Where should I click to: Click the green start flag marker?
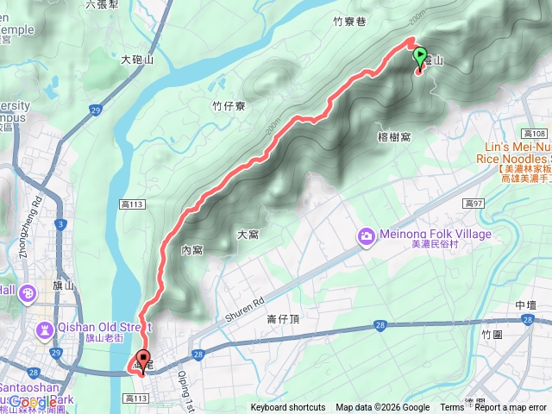click(421, 58)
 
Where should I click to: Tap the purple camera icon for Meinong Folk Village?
click(367, 235)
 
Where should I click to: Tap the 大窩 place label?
click(248, 234)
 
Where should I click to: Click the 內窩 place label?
click(191, 250)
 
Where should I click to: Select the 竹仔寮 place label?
click(229, 105)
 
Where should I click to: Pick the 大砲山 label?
click(137, 60)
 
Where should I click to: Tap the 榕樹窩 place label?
click(393, 137)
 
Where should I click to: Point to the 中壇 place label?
click(526, 305)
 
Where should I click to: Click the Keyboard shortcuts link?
click(288, 408)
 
